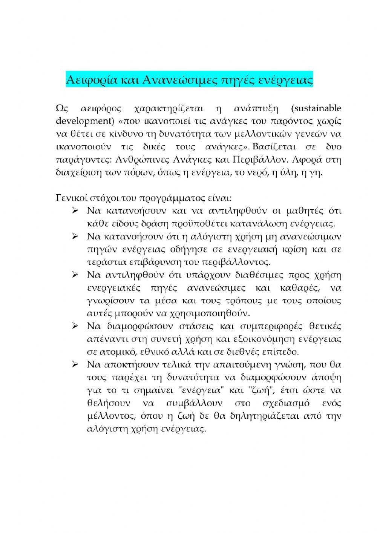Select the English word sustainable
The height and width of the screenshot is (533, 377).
coord(316,109)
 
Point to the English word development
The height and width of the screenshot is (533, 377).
coord(82,121)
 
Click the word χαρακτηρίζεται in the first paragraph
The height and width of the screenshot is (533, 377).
coord(169,109)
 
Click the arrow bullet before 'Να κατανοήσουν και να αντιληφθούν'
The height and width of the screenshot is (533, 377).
coord(75,210)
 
